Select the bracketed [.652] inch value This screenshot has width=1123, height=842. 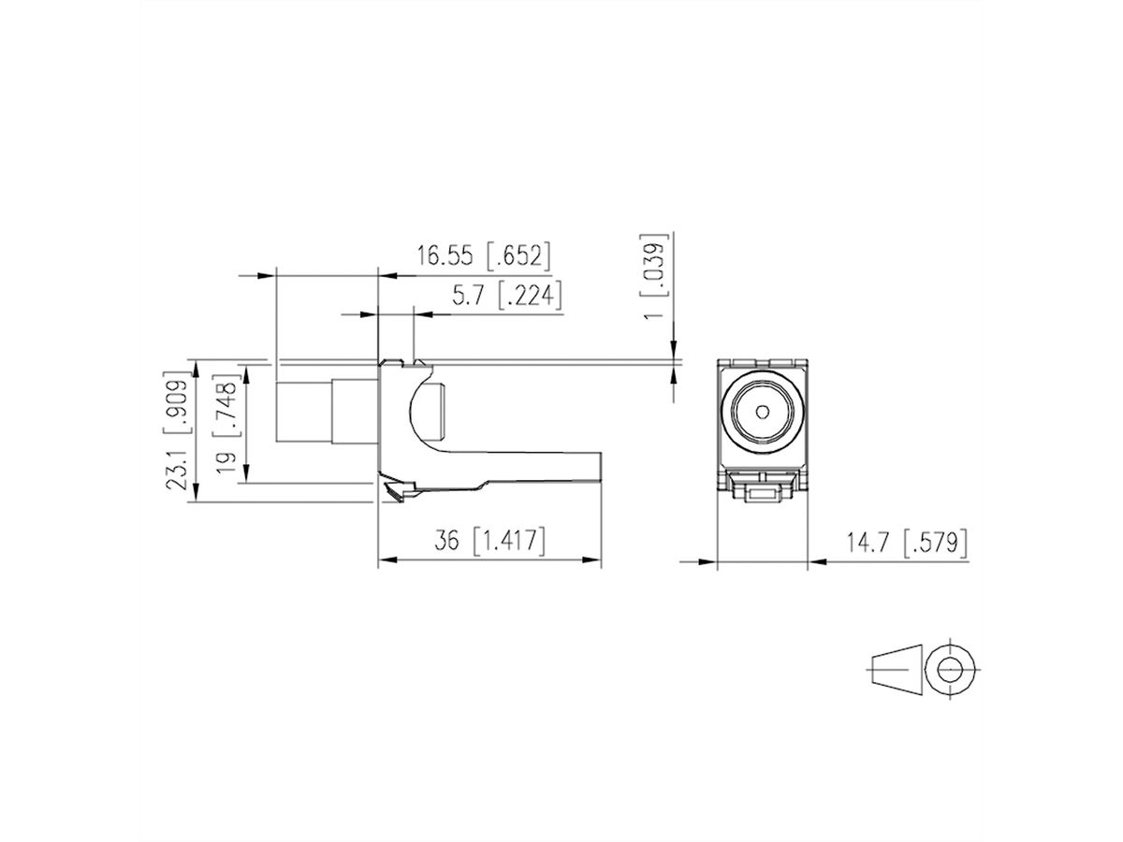[517, 255]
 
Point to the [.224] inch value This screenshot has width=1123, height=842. [529, 297]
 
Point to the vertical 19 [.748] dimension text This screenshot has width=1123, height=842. [226, 426]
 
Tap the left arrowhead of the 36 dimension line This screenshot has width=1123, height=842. [383, 561]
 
